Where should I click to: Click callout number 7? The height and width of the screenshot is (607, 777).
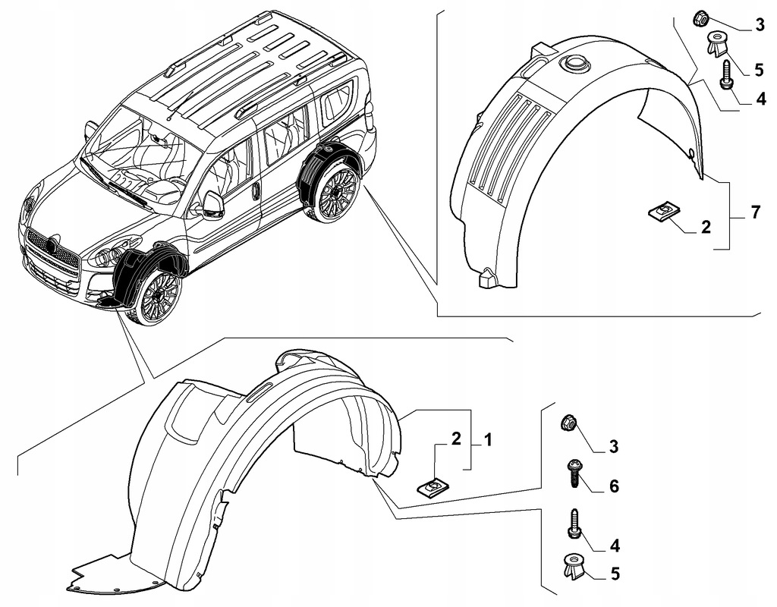click(x=756, y=213)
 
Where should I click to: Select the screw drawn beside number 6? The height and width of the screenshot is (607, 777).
click(x=574, y=474)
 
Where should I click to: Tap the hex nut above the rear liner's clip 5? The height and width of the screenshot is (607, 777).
click(x=702, y=17)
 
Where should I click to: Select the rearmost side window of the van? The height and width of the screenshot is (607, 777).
click(x=337, y=104)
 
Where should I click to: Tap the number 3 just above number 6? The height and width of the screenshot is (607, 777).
click(x=612, y=446)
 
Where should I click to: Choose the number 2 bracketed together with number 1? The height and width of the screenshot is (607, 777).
click(x=456, y=438)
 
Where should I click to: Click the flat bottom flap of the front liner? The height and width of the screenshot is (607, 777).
click(x=114, y=573)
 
